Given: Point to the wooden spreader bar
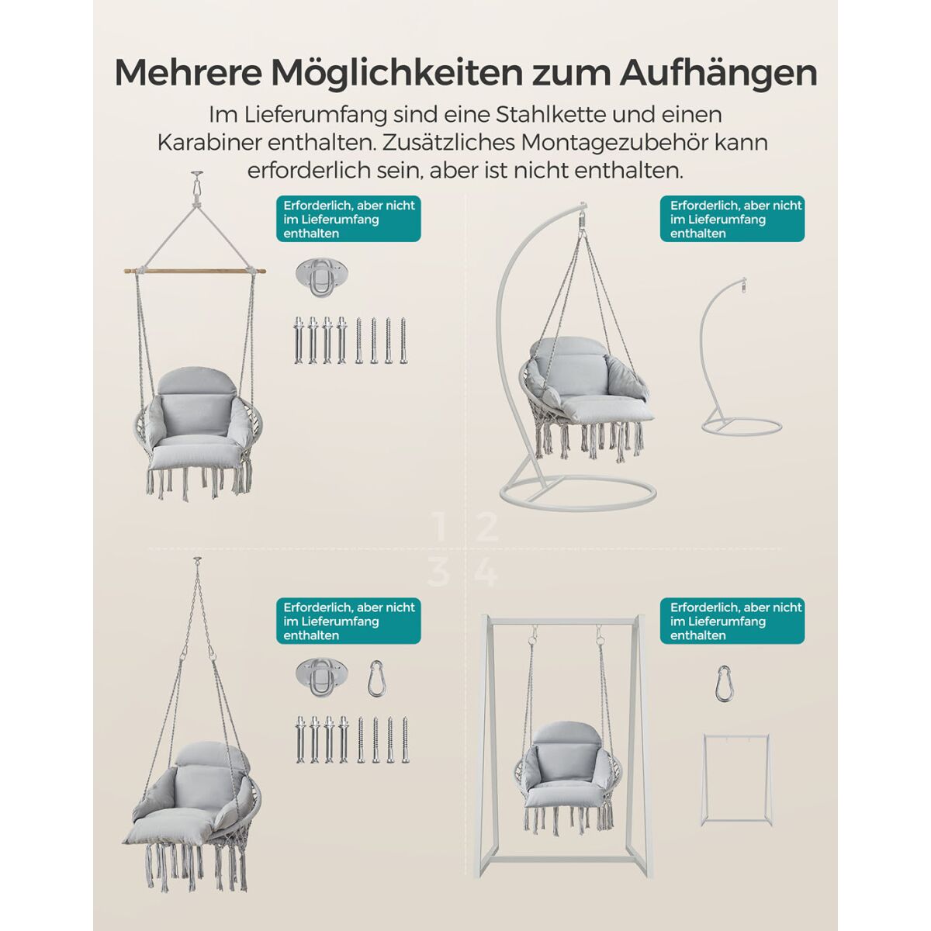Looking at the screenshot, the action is (x=195, y=272).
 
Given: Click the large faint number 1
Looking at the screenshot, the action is (x=440, y=528).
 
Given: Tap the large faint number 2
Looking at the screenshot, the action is (x=487, y=528).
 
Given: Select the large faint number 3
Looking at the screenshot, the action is (x=438, y=573).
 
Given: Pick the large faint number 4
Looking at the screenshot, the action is (x=486, y=573).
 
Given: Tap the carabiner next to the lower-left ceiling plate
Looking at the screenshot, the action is (x=377, y=678).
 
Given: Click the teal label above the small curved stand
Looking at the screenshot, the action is (x=732, y=219).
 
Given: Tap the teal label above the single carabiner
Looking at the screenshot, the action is (x=732, y=621).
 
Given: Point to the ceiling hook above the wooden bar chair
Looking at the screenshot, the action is (x=196, y=182).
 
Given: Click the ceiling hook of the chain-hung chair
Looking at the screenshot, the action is (x=196, y=562).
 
